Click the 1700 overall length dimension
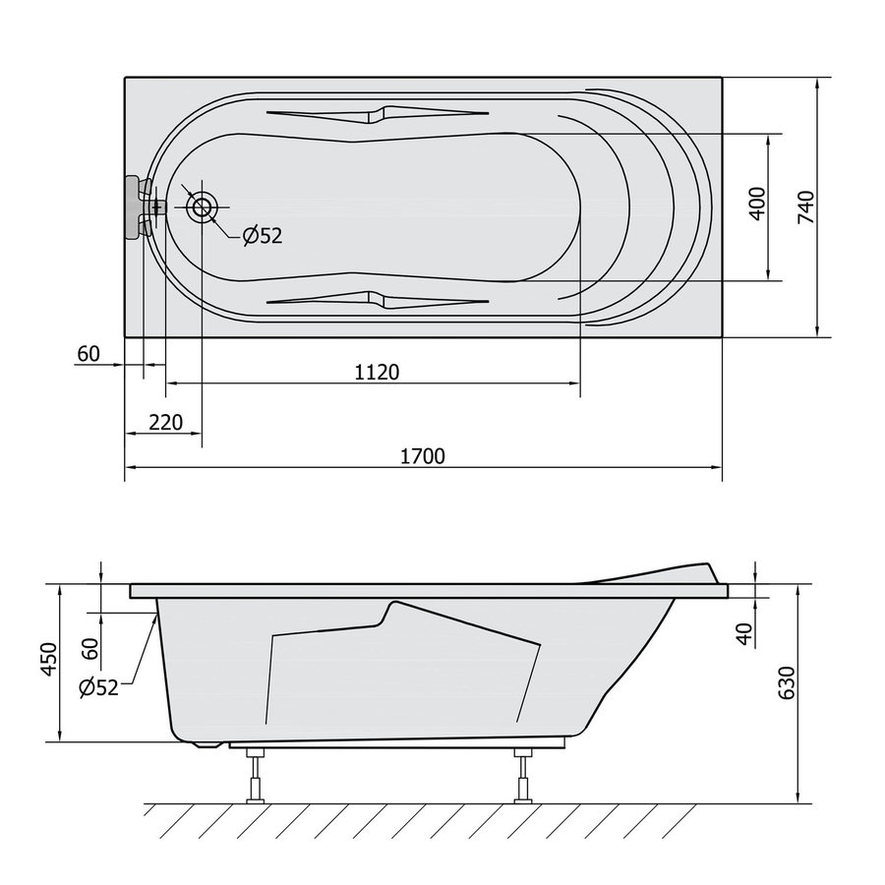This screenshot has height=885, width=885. click(422, 456)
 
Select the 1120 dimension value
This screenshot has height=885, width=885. click(377, 373)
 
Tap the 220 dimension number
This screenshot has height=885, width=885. click(166, 422)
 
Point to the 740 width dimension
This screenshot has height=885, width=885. click(806, 207)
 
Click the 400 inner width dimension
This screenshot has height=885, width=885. click(757, 204)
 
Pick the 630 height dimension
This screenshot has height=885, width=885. click(787, 682)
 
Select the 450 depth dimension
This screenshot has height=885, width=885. click(49, 659)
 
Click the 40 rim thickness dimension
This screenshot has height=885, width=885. click(745, 633)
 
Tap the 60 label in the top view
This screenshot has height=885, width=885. click(88, 354)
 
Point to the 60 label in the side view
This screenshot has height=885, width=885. click(90, 649)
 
